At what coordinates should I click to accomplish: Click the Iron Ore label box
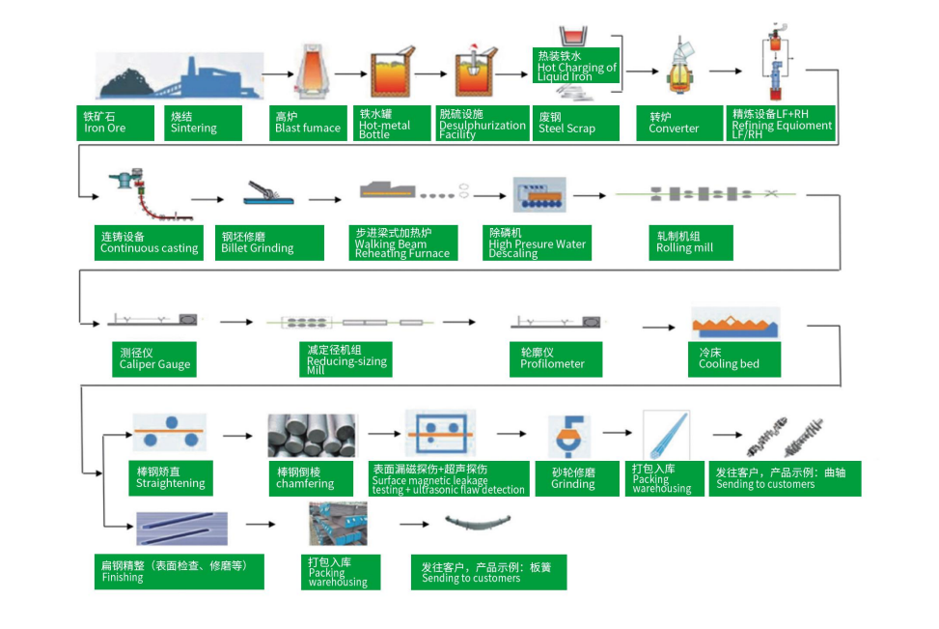(116, 123)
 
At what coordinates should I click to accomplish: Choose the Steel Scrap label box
(572, 123)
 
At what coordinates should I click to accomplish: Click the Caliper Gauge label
(155, 358)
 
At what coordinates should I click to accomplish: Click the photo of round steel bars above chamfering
(312, 436)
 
